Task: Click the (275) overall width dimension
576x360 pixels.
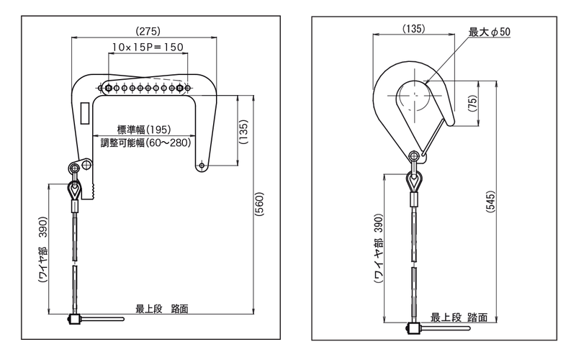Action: pos(148,31)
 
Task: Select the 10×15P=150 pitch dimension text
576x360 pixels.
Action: pos(148,47)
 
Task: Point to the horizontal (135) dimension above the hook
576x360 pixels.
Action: pos(414,29)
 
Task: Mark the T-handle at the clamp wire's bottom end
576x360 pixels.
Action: pos(94,318)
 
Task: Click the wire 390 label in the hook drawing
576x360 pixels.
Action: pos(379,257)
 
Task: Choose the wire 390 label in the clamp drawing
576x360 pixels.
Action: pos(43,248)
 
